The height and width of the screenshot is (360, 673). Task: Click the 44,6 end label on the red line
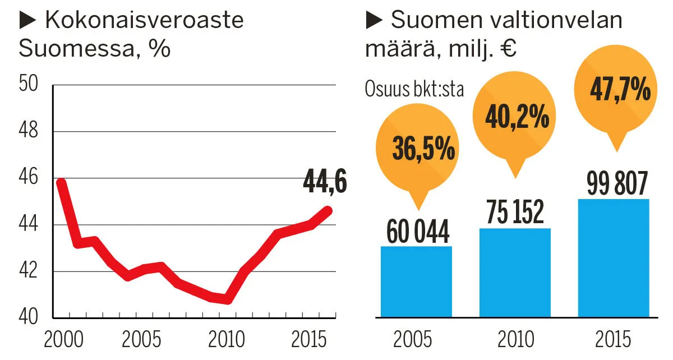[x=325, y=182]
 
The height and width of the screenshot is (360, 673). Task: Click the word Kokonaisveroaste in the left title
[x=144, y=20]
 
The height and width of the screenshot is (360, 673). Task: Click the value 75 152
[x=515, y=213]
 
